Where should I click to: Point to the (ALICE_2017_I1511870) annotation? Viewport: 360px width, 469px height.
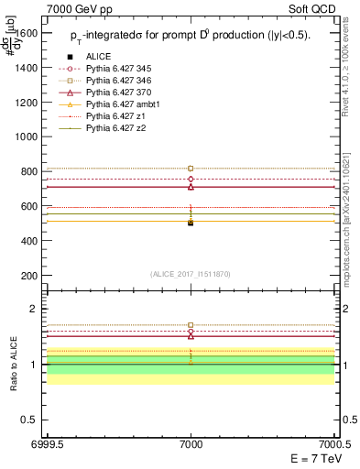coord(191,274)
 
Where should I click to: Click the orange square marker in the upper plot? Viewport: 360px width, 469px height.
coord(191,169)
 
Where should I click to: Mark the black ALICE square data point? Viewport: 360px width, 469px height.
coord(191,223)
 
